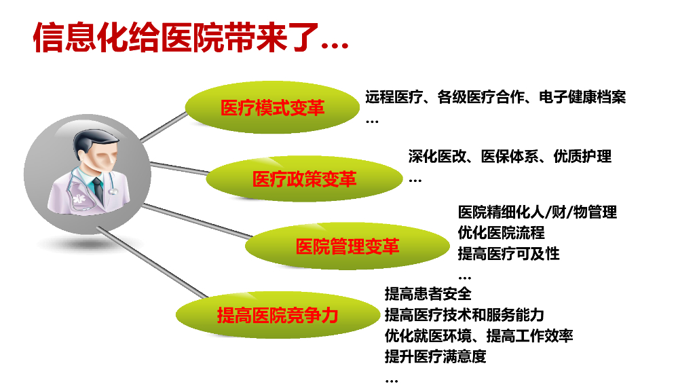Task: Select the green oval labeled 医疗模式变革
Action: click(272, 107)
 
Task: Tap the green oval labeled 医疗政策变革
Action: click(304, 179)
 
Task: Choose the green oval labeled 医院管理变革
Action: click(347, 246)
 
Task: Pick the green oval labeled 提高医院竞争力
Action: click(278, 315)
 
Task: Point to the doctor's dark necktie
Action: click(98, 190)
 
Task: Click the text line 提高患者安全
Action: click(428, 293)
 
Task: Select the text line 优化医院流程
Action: click(501, 232)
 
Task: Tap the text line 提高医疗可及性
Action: click(508, 254)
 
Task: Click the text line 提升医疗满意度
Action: click(435, 356)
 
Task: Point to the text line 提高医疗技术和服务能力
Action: click(464, 315)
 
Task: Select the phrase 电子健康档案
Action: click(582, 96)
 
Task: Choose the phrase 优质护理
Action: click(582, 156)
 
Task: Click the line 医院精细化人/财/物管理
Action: click(538, 212)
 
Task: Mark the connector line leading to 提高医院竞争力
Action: click(152, 262)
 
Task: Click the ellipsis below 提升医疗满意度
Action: click(392, 381)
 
